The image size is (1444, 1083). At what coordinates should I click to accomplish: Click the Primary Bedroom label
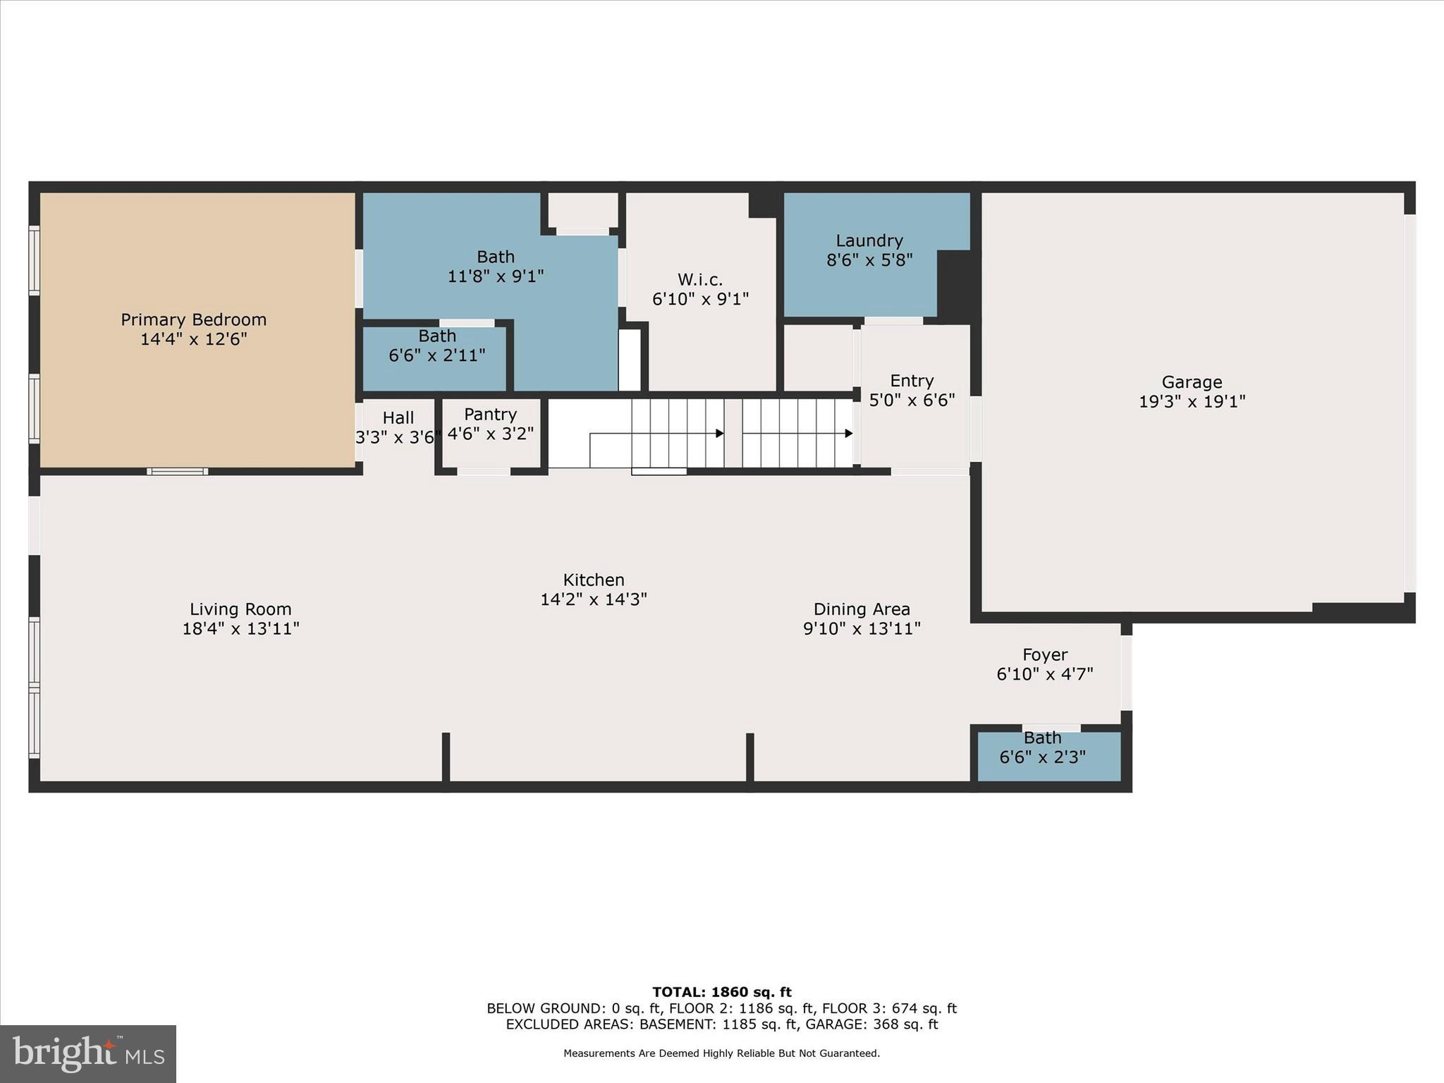193,319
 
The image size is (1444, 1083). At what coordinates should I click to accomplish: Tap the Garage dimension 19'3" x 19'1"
1192,401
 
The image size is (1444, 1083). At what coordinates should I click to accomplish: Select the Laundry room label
869,240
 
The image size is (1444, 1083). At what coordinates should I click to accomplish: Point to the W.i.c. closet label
700,279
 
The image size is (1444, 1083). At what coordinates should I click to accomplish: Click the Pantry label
490,414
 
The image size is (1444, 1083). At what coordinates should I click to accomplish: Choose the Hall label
398,417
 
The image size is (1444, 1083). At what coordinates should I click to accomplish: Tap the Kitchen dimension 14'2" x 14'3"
593,599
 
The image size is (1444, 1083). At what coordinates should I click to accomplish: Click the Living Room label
240,609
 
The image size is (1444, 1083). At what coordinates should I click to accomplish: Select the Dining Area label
861,609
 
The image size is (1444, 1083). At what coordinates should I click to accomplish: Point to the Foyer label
1044,654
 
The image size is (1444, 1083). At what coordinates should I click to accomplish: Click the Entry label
911,381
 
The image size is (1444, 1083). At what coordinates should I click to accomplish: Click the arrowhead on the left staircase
720,433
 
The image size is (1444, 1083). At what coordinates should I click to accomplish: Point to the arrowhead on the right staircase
849,433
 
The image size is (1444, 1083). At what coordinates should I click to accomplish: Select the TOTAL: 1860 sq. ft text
721,992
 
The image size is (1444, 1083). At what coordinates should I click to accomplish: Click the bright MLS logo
88,1053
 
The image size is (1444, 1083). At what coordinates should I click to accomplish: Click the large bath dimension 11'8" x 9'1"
495,276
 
